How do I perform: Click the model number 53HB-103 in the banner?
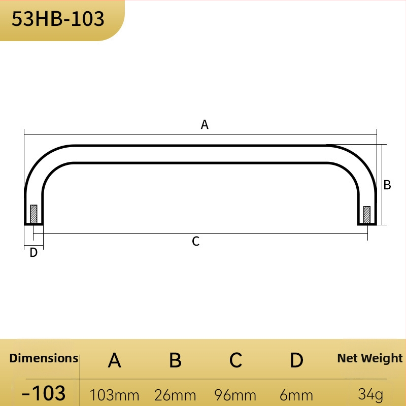tap(58, 19)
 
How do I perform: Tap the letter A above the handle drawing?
tap(205, 124)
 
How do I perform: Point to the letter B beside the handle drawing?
tap(387, 185)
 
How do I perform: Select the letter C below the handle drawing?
tap(196, 242)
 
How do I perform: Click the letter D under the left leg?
tap(33, 252)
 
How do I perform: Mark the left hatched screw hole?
tap(33, 214)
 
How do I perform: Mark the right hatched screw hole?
tap(367, 215)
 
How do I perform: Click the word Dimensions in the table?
tap(44, 358)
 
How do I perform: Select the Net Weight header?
tap(370, 359)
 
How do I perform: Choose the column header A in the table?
tap(115, 360)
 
